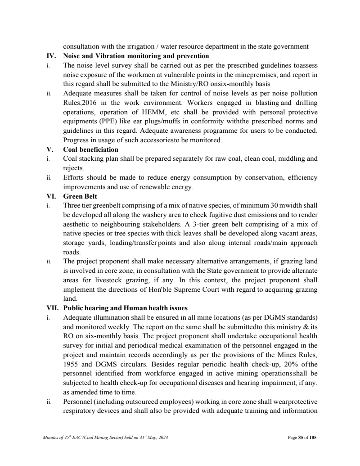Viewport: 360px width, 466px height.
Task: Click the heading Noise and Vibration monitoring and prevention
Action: pos(136,56)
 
